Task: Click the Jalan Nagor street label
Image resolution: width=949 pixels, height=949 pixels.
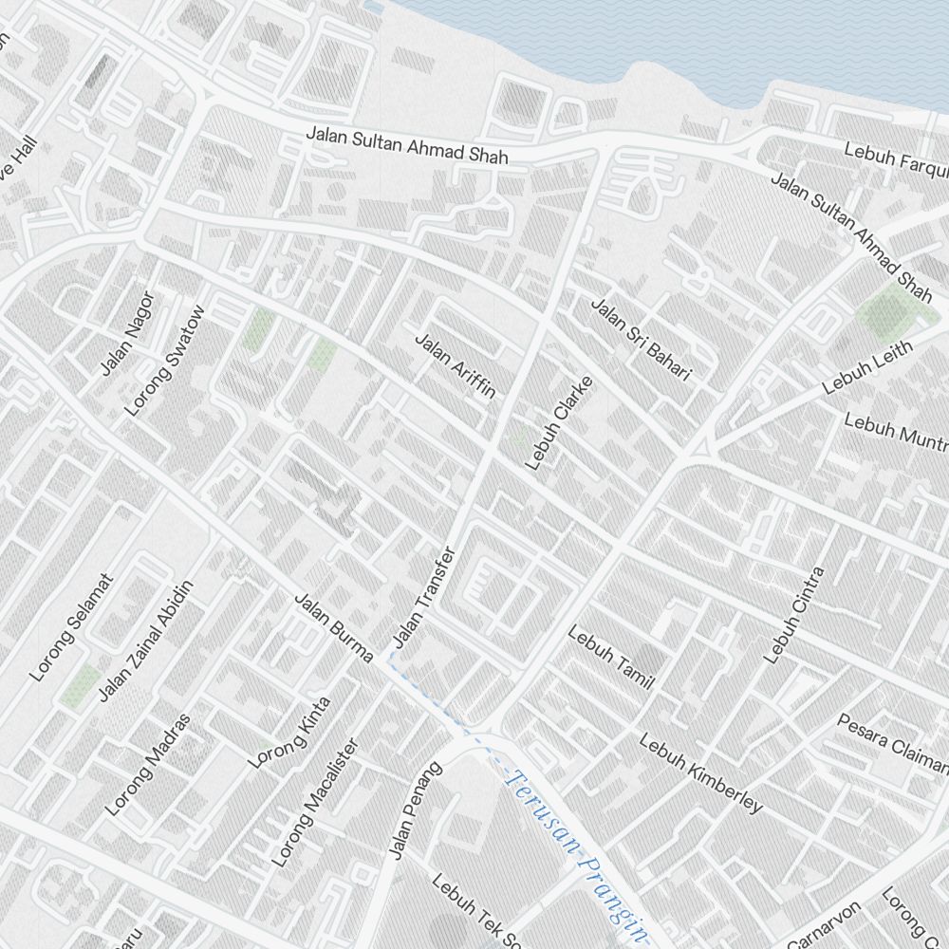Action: pos(127,333)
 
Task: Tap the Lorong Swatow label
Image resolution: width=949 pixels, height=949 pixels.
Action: pos(165,362)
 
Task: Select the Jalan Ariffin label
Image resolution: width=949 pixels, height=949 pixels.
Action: pos(456,365)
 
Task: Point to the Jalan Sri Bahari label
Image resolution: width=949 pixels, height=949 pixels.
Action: pos(641,340)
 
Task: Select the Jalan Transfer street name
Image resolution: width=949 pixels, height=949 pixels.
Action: pos(424,601)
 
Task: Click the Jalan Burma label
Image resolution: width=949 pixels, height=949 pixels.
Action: pos(333,628)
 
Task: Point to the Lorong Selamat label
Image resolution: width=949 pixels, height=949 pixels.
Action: pos(71,627)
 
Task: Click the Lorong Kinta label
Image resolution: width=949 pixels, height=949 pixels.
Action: pos(288,733)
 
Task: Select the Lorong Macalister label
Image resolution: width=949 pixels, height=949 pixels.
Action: pos(314,803)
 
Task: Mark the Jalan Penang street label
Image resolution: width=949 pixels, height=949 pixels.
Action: pos(416,810)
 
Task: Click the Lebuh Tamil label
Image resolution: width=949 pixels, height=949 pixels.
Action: pos(611,657)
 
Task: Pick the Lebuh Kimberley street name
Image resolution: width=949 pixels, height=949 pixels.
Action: pos(700,773)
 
